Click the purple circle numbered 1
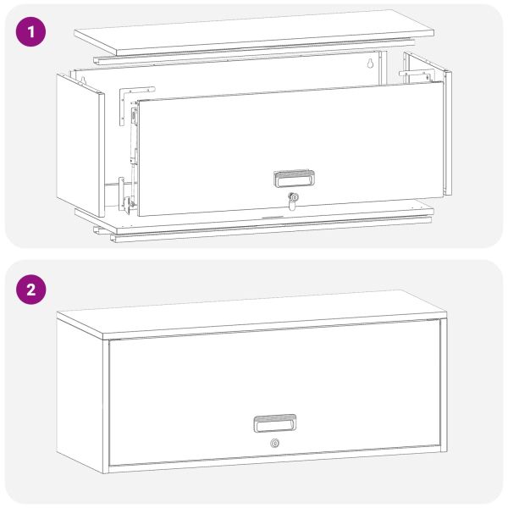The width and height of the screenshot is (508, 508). [x=30, y=32]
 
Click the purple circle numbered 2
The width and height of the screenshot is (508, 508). [x=30, y=290]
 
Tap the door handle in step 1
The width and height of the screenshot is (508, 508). [x=294, y=179]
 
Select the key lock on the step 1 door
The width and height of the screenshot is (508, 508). [x=293, y=201]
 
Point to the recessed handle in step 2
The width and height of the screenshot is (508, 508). [x=274, y=423]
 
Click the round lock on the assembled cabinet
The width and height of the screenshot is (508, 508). [x=275, y=443]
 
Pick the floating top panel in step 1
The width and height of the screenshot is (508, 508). [x=254, y=32]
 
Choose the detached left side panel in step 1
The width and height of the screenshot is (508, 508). [x=80, y=145]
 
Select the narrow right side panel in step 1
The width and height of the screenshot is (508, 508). [x=449, y=133]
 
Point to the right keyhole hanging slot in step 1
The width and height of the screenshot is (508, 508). [x=370, y=63]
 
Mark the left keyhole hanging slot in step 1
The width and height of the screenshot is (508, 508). [x=83, y=80]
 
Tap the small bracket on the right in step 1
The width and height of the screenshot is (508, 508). [x=416, y=76]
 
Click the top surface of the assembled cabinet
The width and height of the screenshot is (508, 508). [x=251, y=313]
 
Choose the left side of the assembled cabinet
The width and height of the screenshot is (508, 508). [x=80, y=395]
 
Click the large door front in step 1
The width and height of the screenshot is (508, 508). [x=290, y=149]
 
